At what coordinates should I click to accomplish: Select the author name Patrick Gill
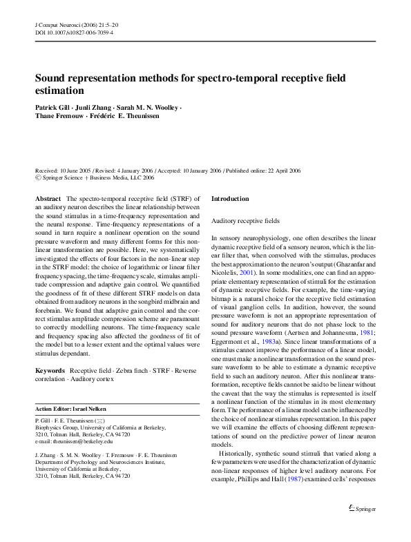click(55, 108)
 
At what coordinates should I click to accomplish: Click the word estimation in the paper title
click(59, 90)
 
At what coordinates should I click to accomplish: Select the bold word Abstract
click(48, 199)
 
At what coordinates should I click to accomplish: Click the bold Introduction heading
click(230, 199)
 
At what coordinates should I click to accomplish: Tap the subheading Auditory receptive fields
click(245, 221)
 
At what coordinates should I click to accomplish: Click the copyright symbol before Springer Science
click(38, 177)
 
